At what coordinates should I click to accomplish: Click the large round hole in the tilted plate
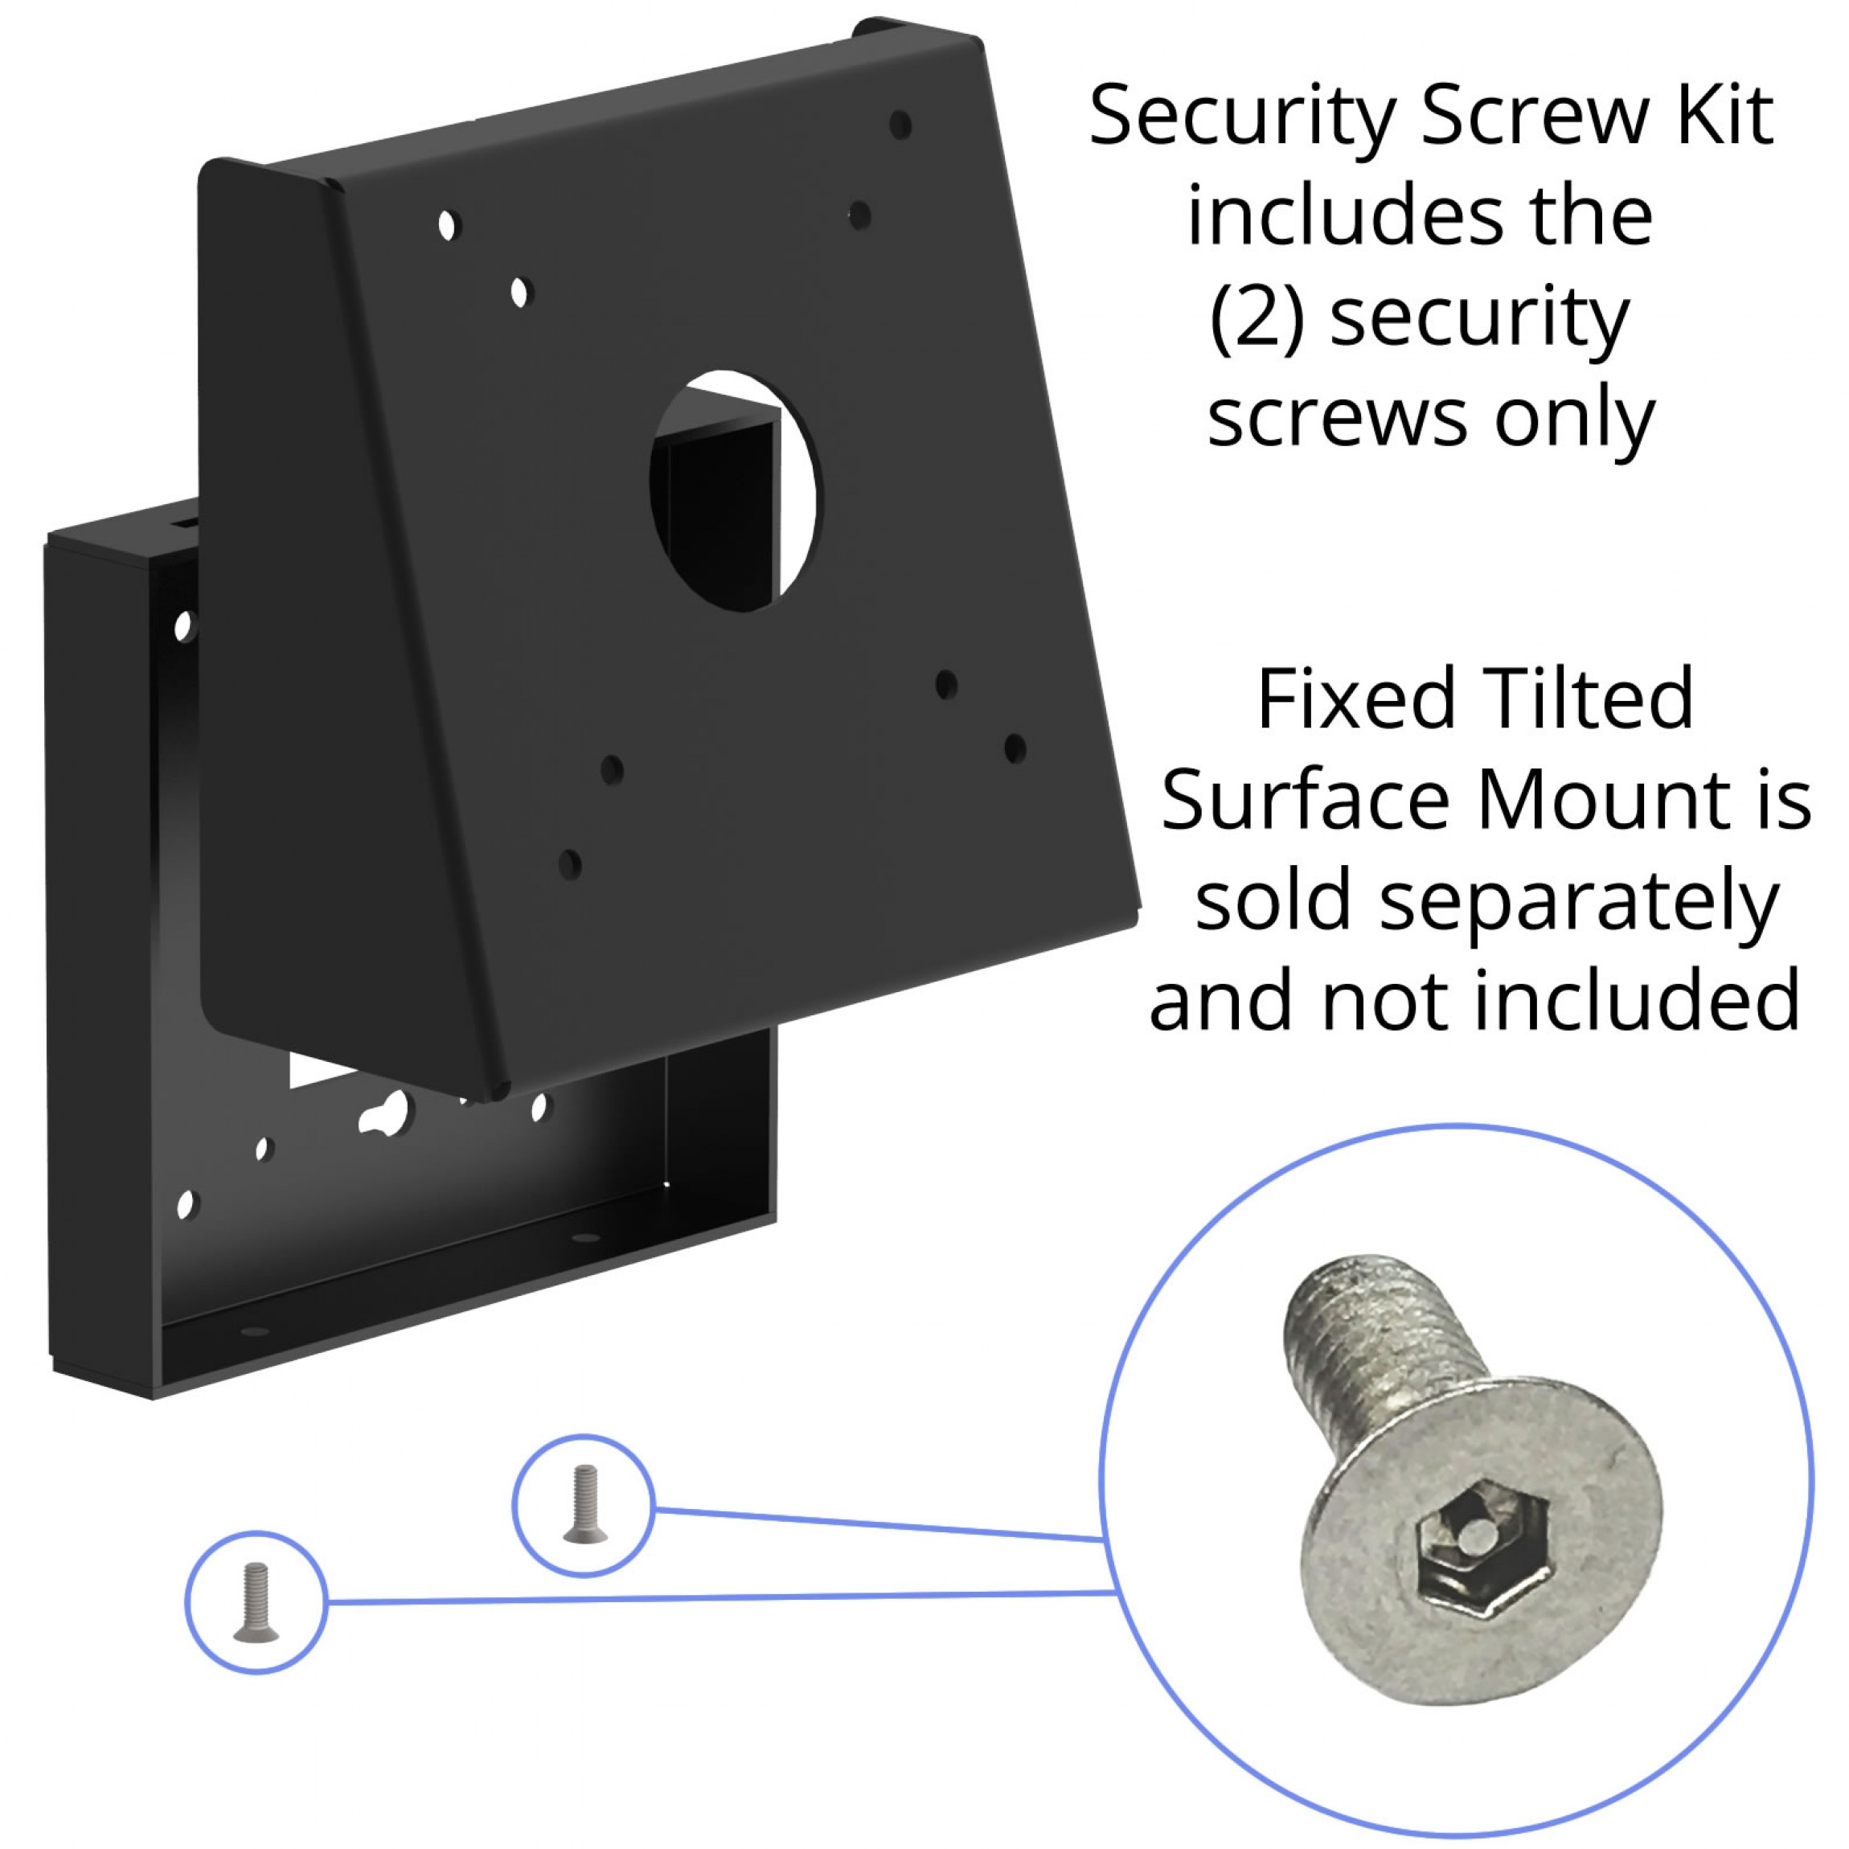coord(735,491)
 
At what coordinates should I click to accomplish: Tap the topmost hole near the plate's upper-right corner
coord(900,125)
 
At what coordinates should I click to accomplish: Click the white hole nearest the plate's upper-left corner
coord(447,226)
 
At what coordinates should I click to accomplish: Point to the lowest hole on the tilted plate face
coord(569,864)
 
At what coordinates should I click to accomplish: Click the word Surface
coord(1306,800)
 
